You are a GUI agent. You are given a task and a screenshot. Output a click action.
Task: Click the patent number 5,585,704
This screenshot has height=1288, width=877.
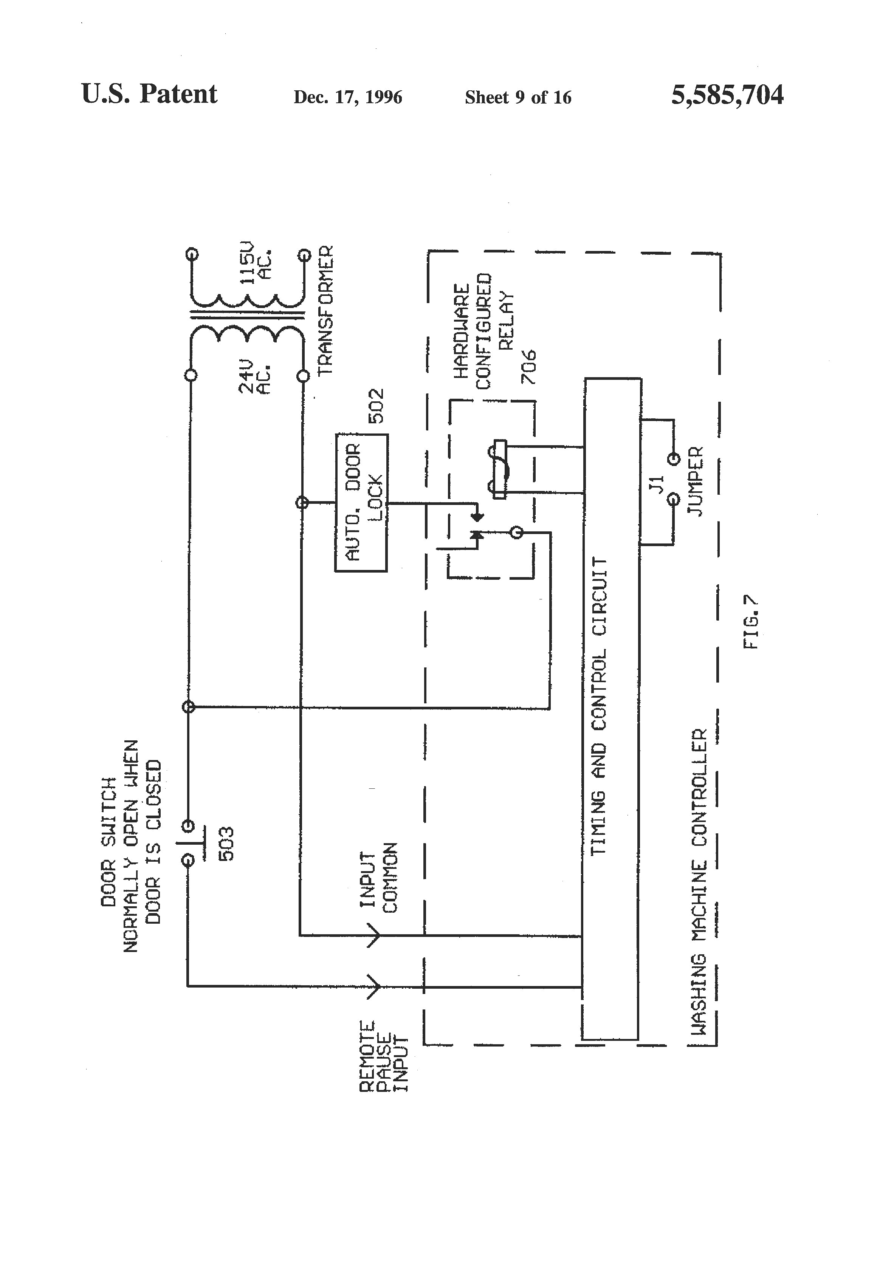727,95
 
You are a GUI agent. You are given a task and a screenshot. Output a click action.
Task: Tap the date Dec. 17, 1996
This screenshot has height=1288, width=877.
347,98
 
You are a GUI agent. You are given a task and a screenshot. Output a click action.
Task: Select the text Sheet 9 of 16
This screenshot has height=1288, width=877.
518,98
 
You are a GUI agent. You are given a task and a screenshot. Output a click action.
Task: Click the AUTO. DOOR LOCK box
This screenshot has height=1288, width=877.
361,503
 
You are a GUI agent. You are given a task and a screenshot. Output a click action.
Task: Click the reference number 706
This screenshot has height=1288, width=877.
529,367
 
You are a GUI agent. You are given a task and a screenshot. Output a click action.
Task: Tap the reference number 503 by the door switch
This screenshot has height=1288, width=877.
226,844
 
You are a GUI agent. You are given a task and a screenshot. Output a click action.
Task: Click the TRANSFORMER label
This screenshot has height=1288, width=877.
325,310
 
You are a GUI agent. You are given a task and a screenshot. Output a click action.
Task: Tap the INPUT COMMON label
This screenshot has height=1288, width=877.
379,878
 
